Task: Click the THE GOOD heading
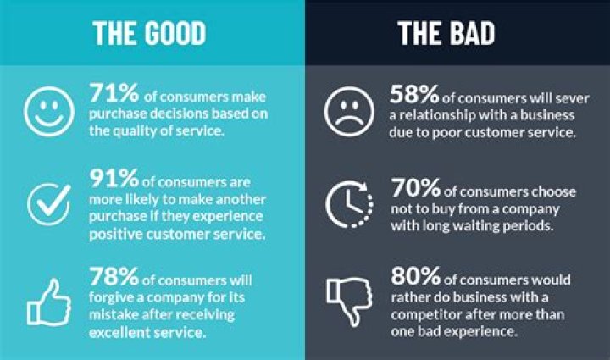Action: tap(149, 33)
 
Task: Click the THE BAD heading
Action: tap(446, 33)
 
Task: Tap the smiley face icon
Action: tap(49, 112)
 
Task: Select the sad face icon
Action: tap(349, 112)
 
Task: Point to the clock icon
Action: tap(326, 205)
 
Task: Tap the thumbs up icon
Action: tap(49, 302)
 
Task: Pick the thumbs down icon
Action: tap(349, 302)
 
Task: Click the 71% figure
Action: tap(114, 93)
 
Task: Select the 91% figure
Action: tap(114, 178)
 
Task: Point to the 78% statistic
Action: tap(114, 276)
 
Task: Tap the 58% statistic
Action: tap(414, 95)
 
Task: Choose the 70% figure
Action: tap(415, 188)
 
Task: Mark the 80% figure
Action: tap(415, 275)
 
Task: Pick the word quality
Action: tap(135, 131)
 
